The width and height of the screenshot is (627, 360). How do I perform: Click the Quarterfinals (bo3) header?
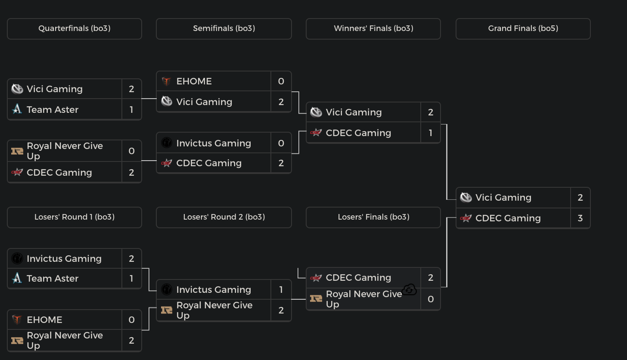tap(74, 28)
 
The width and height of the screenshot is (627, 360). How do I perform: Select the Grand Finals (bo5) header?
tap(523, 28)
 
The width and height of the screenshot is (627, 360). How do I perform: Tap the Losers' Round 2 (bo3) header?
tap(224, 217)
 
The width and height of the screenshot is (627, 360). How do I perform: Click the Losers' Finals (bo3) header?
tap(373, 217)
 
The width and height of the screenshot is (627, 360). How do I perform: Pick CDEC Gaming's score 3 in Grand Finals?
tap(580, 218)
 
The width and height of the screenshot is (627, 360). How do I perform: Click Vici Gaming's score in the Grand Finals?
tap(580, 198)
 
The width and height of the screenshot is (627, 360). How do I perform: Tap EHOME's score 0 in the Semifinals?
tap(281, 81)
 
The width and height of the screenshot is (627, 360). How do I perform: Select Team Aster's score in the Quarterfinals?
tap(131, 110)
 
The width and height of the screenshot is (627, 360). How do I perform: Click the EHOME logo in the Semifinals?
tap(167, 81)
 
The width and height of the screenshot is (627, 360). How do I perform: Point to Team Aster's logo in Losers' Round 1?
tap(17, 279)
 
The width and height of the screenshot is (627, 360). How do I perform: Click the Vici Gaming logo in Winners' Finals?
tap(316, 112)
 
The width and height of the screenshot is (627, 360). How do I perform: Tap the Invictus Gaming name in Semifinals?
tap(214, 143)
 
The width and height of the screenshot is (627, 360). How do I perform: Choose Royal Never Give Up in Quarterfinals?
tap(65, 151)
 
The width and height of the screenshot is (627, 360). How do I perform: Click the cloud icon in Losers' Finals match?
tap(410, 290)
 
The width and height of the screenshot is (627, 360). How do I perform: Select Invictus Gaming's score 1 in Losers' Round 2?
tap(281, 290)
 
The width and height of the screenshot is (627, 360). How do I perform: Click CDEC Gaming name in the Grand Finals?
tap(508, 218)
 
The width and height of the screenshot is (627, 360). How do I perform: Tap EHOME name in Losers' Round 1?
tap(44, 320)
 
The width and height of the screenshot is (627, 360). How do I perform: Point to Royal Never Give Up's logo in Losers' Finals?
tap(316, 298)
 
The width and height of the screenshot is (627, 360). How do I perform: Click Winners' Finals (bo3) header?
tap(373, 28)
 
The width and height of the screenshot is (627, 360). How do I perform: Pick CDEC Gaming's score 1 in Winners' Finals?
tap(430, 133)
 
